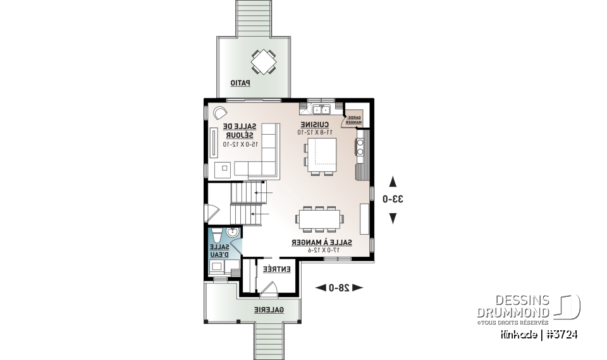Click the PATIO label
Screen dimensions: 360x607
(x=240, y=83)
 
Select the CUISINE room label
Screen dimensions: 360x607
(x=314, y=125)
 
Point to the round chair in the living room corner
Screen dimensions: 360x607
(x=221, y=113)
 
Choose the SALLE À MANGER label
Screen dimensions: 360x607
(x=321, y=242)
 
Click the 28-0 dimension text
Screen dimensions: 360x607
(x=339, y=288)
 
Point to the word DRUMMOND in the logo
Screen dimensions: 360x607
(x=513, y=313)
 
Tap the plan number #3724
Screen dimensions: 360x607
(x=563, y=333)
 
